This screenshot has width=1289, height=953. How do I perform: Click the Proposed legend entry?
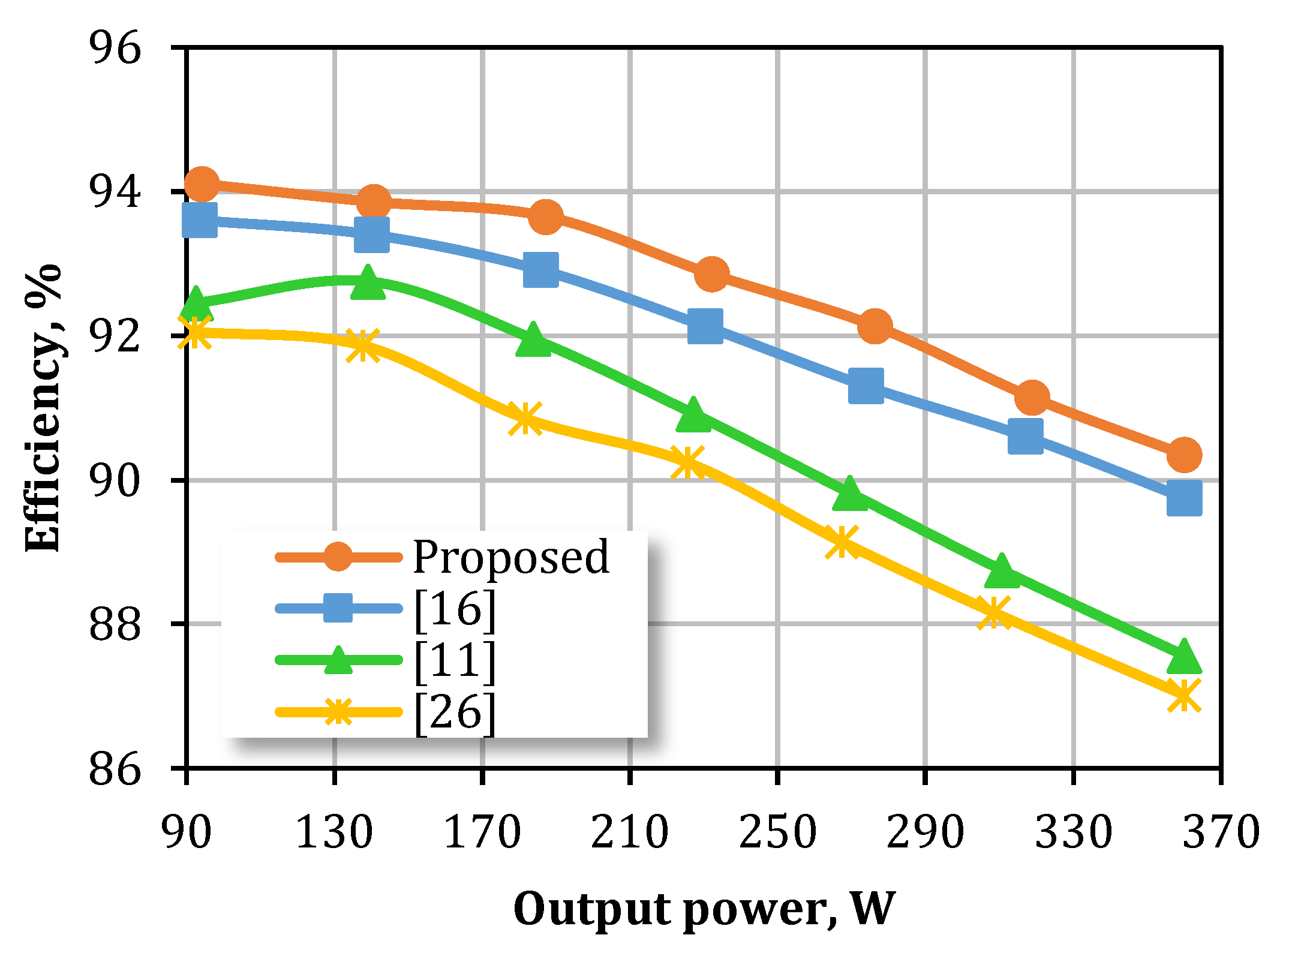click(x=510, y=557)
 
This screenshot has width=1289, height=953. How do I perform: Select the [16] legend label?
click(x=455, y=609)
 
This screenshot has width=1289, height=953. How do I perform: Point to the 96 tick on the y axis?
click(x=115, y=47)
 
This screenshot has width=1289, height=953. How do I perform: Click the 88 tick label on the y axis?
click(x=115, y=624)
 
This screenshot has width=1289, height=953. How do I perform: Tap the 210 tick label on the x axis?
click(x=629, y=832)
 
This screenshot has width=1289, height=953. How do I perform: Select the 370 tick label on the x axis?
click(x=1221, y=832)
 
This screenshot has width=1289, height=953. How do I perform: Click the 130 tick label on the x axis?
click(x=334, y=832)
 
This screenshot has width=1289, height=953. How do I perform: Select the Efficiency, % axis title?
click(x=43, y=408)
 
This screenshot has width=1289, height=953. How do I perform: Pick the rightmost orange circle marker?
click(x=1184, y=454)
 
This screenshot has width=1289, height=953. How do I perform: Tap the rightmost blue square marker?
click(x=1184, y=498)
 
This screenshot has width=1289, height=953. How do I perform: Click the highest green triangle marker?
click(x=367, y=282)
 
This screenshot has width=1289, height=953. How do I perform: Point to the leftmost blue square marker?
click(x=200, y=220)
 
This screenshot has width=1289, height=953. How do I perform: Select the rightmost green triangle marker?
click(x=1184, y=657)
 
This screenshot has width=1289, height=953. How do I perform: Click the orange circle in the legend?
click(x=338, y=557)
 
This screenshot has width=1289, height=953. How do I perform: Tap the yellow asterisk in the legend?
click(x=338, y=713)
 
